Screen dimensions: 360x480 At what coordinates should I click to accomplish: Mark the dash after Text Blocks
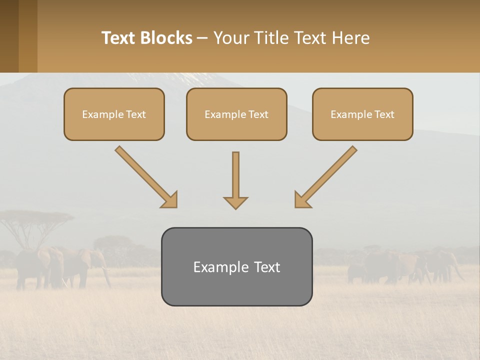click(x=203, y=38)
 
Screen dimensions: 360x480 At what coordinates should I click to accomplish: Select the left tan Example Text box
click(x=114, y=114)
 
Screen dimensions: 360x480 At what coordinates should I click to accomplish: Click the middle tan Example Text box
click(x=236, y=114)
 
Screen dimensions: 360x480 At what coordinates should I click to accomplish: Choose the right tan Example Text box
click(x=362, y=114)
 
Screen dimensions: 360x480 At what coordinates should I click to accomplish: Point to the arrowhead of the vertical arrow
click(x=235, y=202)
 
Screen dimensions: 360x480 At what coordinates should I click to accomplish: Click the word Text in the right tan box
click(x=384, y=114)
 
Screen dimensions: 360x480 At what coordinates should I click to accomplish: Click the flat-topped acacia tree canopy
click(x=35, y=217)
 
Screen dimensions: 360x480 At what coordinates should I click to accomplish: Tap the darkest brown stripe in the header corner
click(x=9, y=36)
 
